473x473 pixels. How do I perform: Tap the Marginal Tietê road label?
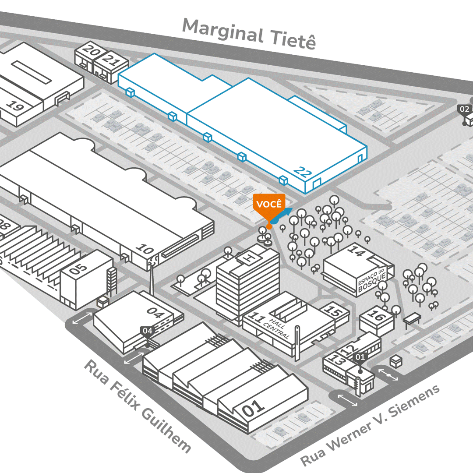(248, 33)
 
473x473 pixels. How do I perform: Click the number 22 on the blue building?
(303, 171)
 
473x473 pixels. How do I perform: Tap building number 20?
(91, 51)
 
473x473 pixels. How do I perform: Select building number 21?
(111, 61)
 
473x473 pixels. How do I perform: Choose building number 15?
(335, 312)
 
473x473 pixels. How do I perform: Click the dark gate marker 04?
(148, 331)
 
